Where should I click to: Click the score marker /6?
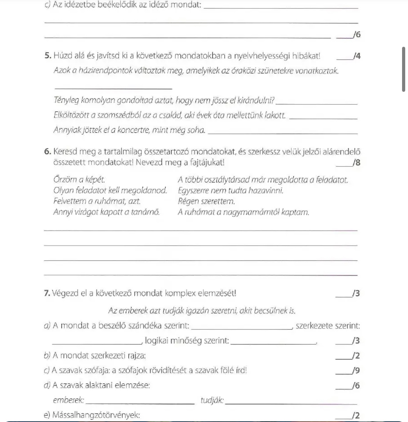[356, 35]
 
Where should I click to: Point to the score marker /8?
[356, 163]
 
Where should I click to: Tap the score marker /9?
[356, 371]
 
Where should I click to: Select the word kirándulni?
[258, 101]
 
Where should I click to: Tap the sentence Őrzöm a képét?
[79, 180]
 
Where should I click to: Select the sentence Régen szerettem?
[206, 201]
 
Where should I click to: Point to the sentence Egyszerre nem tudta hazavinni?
[231, 191]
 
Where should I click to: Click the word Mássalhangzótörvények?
[96, 415]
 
